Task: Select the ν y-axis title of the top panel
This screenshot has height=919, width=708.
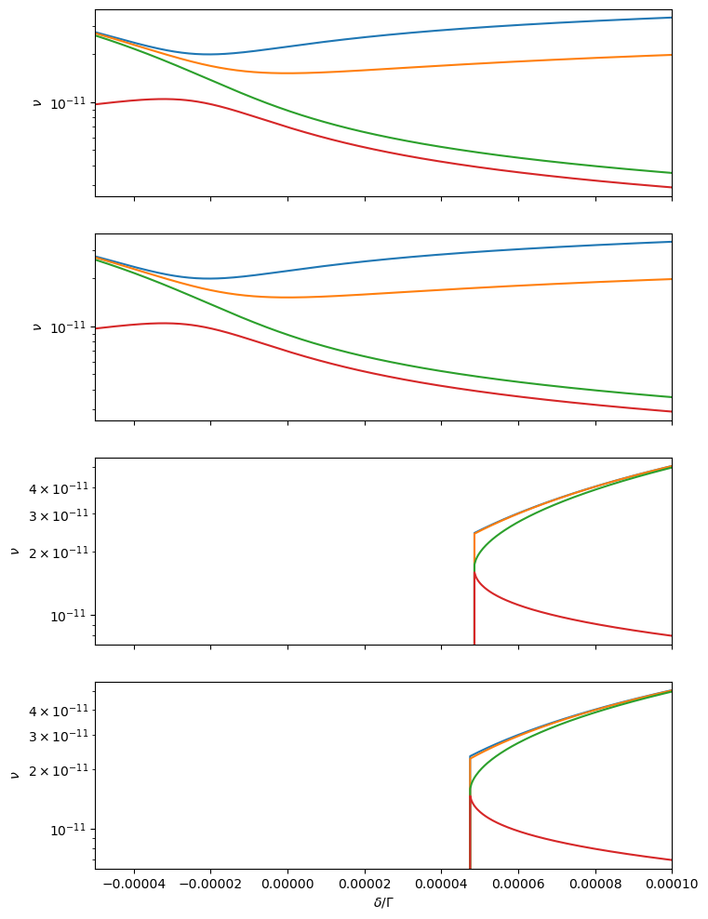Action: click(37, 103)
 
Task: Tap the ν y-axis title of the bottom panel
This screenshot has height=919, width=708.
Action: click(14, 775)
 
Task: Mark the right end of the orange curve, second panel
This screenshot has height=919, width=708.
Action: click(671, 279)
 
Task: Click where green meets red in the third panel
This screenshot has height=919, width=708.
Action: click(474, 566)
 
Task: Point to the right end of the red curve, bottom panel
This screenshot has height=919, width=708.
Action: click(671, 859)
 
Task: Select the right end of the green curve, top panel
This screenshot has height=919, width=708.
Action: click(671, 172)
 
